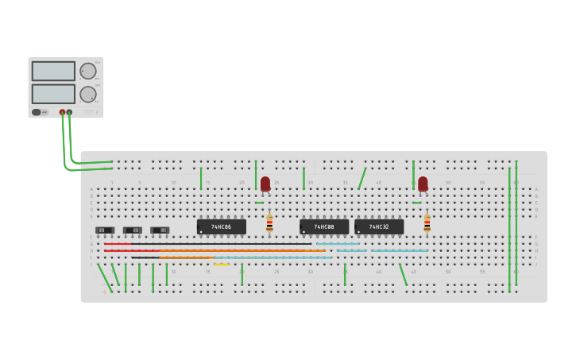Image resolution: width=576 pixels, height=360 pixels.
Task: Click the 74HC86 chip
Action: click(222, 226)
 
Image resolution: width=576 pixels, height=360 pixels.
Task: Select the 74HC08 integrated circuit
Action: click(324, 226)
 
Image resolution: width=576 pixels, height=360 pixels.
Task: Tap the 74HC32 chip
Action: click(379, 226)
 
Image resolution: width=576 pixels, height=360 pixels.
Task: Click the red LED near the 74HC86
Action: click(265, 184)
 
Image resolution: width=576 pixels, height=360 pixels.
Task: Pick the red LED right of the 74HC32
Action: click(423, 184)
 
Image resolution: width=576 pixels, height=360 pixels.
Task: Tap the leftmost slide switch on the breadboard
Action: click(105, 230)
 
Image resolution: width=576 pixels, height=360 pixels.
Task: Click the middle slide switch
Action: click(132, 230)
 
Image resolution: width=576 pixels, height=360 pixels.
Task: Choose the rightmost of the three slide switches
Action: click(160, 230)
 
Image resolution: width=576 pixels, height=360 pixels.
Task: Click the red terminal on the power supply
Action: click(62, 112)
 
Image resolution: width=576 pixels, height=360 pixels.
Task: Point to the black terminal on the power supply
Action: click(69, 112)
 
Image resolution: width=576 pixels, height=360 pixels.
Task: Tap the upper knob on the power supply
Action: click(87, 71)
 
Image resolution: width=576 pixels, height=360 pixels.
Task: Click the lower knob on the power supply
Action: click(87, 95)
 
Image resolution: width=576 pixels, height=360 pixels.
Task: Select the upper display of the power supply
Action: click(53, 71)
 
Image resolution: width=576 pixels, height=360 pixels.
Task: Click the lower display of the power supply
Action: click(53, 94)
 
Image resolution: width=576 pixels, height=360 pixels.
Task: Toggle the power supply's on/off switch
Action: click(37, 112)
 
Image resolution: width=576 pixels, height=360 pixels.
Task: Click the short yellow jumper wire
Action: click(221, 264)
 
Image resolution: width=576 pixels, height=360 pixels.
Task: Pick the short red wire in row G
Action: click(118, 244)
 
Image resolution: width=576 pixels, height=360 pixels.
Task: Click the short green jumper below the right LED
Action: click(417, 203)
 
